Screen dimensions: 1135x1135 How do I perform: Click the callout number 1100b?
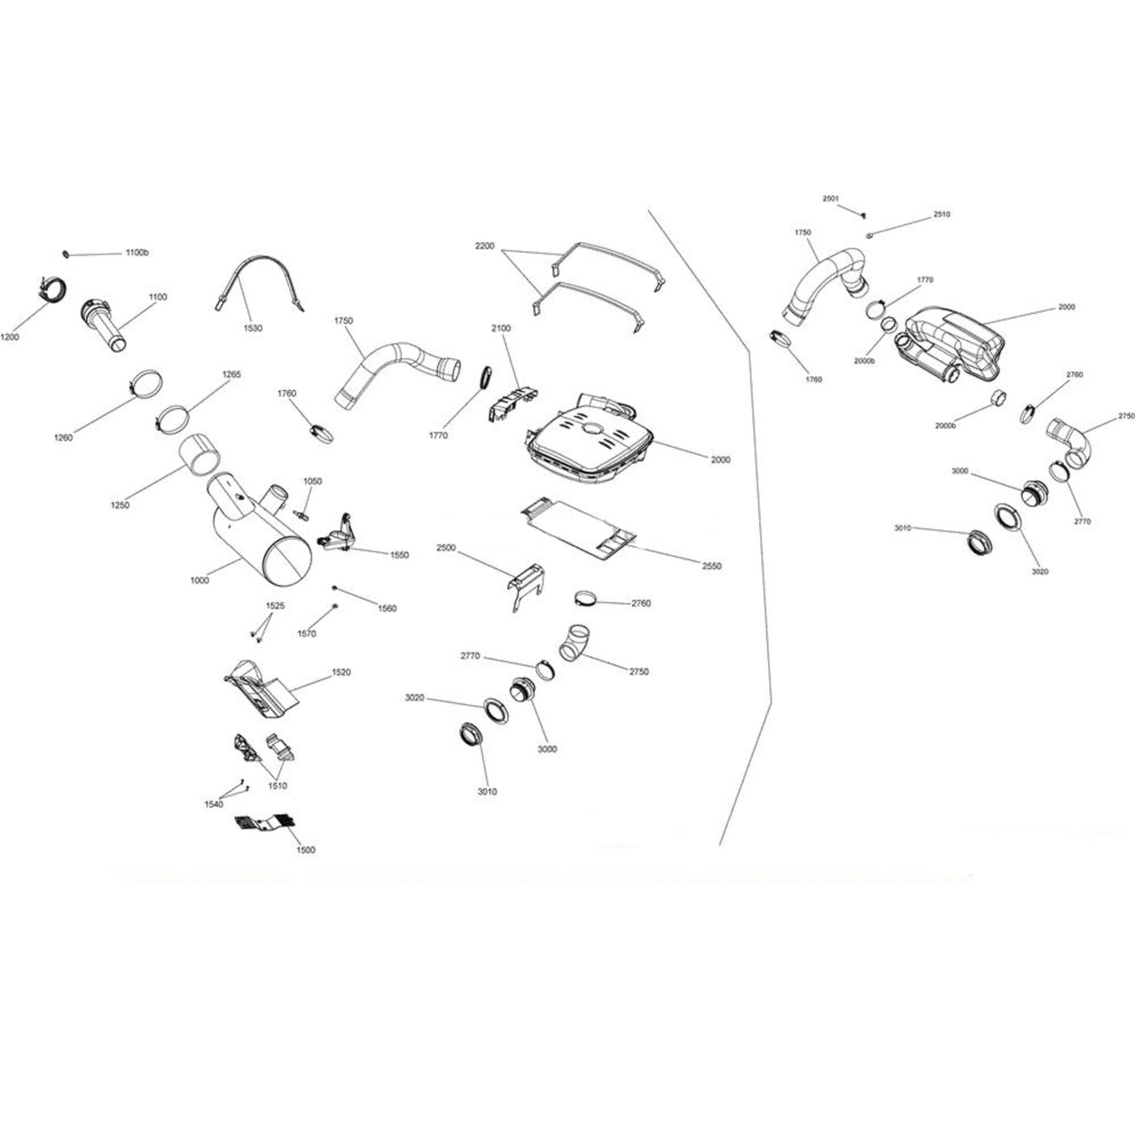pyautogui.click(x=137, y=254)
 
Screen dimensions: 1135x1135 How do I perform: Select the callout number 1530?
pyautogui.click(x=252, y=328)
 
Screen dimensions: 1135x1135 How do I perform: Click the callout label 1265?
pyautogui.click(x=231, y=374)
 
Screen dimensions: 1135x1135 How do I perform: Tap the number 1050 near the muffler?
pyautogui.click(x=312, y=481)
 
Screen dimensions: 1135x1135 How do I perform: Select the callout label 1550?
pyautogui.click(x=398, y=555)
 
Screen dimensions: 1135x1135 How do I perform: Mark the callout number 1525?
pyautogui.click(x=275, y=606)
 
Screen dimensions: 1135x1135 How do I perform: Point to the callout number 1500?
pyautogui.click(x=304, y=849)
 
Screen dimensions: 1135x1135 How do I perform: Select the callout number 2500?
pyautogui.click(x=445, y=548)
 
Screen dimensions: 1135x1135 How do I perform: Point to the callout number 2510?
pyautogui.click(x=941, y=215)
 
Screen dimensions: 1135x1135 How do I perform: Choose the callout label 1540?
pyautogui.click(x=213, y=804)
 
